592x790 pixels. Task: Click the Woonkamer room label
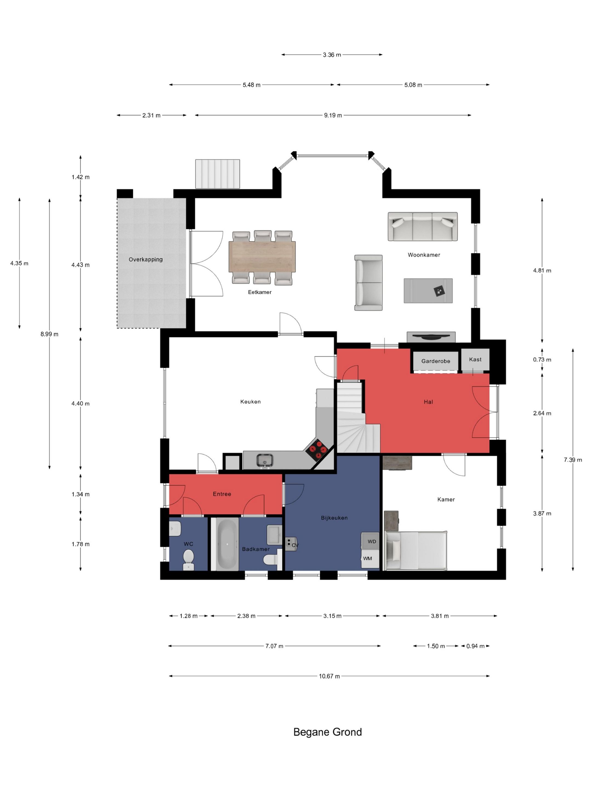pyautogui.click(x=423, y=255)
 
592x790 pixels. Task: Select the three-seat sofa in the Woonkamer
pyautogui.click(x=423, y=226)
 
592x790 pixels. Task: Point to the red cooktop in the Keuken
pyautogui.click(x=317, y=449)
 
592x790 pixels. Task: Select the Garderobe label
pyautogui.click(x=435, y=361)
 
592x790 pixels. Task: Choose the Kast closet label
pyautogui.click(x=475, y=359)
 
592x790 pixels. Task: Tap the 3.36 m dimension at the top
pyautogui.click(x=332, y=55)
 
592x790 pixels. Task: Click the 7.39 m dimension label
pyautogui.click(x=573, y=460)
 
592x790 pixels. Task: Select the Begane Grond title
pyautogui.click(x=327, y=732)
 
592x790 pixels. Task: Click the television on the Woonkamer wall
pyautogui.click(x=431, y=336)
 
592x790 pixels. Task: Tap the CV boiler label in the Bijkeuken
pyautogui.click(x=295, y=545)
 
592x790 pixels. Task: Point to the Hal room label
pyautogui.click(x=428, y=402)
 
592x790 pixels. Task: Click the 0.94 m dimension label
pyautogui.click(x=475, y=646)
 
